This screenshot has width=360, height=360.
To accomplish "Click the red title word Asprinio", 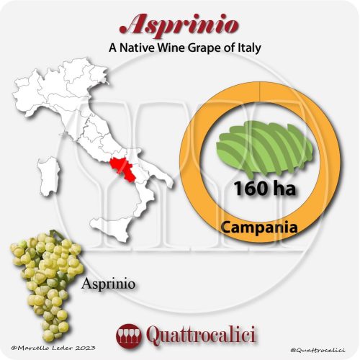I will [180, 24].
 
